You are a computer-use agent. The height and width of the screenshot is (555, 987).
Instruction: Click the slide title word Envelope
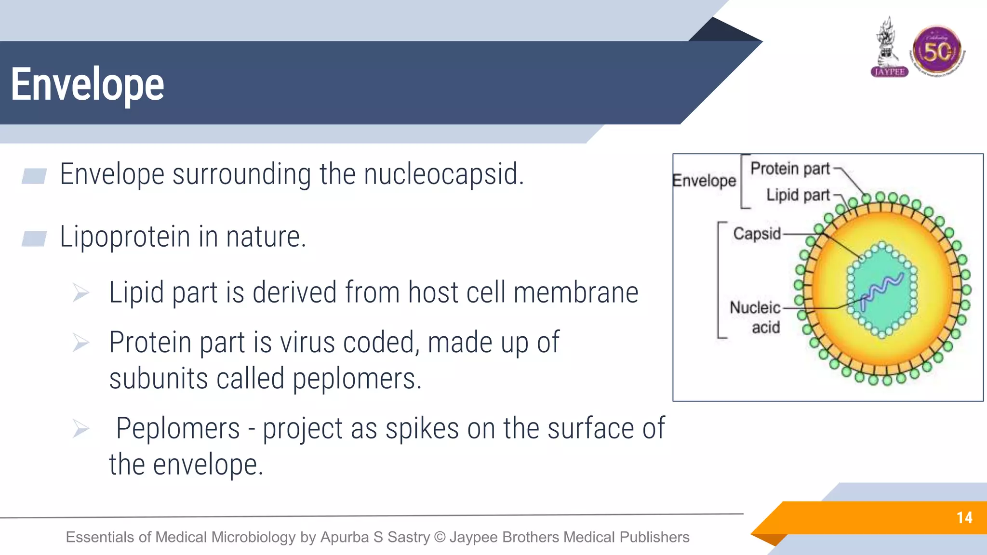pyautogui.click(x=88, y=85)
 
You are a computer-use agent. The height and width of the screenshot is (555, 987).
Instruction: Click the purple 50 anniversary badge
pyautogui.click(x=937, y=51)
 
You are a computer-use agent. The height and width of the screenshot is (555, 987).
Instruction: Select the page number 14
pyautogui.click(x=964, y=518)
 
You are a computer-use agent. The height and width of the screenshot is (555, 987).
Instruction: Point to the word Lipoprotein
pyautogui.click(x=125, y=237)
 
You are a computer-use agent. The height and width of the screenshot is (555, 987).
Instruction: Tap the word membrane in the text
pyautogui.click(x=576, y=293)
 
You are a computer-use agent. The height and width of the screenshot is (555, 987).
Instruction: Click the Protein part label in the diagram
pyautogui.click(x=790, y=169)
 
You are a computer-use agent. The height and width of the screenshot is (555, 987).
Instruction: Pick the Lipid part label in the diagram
pyautogui.click(x=798, y=195)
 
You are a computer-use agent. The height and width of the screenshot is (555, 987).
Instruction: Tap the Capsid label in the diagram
pyautogui.click(x=757, y=234)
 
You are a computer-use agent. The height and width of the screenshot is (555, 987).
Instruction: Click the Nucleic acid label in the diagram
pyautogui.click(x=756, y=317)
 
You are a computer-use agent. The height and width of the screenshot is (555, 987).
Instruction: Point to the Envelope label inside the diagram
pyautogui.click(x=704, y=181)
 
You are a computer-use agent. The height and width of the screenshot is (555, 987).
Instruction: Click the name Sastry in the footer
pyautogui.click(x=409, y=537)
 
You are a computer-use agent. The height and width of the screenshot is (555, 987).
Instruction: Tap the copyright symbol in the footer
pyautogui.click(x=440, y=537)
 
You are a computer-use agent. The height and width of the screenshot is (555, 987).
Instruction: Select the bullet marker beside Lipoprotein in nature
pyautogui.click(x=34, y=238)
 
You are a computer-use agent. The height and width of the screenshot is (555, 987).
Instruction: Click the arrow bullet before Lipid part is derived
pyautogui.click(x=80, y=292)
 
